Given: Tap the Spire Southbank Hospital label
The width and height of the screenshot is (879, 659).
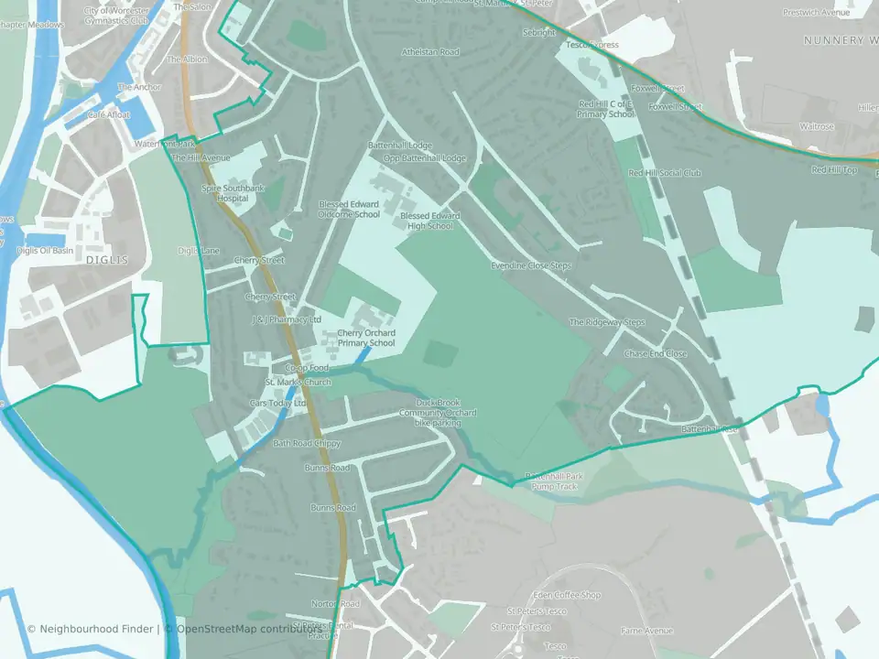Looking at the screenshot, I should (x=233, y=193).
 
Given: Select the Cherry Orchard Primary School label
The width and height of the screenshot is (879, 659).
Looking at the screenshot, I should (x=366, y=338).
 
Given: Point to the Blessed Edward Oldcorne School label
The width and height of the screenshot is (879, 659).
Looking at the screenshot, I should (x=349, y=210).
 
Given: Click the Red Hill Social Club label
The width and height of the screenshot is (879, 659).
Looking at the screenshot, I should (x=665, y=173).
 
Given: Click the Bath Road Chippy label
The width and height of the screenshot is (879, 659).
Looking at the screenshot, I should (x=307, y=443).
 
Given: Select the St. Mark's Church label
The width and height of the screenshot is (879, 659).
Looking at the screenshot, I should (x=298, y=382).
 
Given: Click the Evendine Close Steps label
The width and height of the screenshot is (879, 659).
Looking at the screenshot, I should (x=530, y=265).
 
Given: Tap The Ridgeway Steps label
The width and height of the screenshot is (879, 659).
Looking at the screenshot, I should (x=607, y=322).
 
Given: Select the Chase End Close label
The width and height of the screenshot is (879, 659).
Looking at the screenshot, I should (x=655, y=353).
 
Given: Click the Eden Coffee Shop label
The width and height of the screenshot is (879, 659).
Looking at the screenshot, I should (x=573, y=595).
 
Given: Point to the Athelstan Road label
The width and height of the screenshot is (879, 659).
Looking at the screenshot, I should (x=430, y=52).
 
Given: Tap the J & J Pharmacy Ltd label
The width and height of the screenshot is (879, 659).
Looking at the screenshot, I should (x=287, y=319).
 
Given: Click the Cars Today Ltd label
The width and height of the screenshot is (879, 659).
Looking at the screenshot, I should (x=278, y=403).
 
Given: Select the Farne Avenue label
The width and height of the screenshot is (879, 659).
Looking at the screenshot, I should (x=646, y=631).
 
